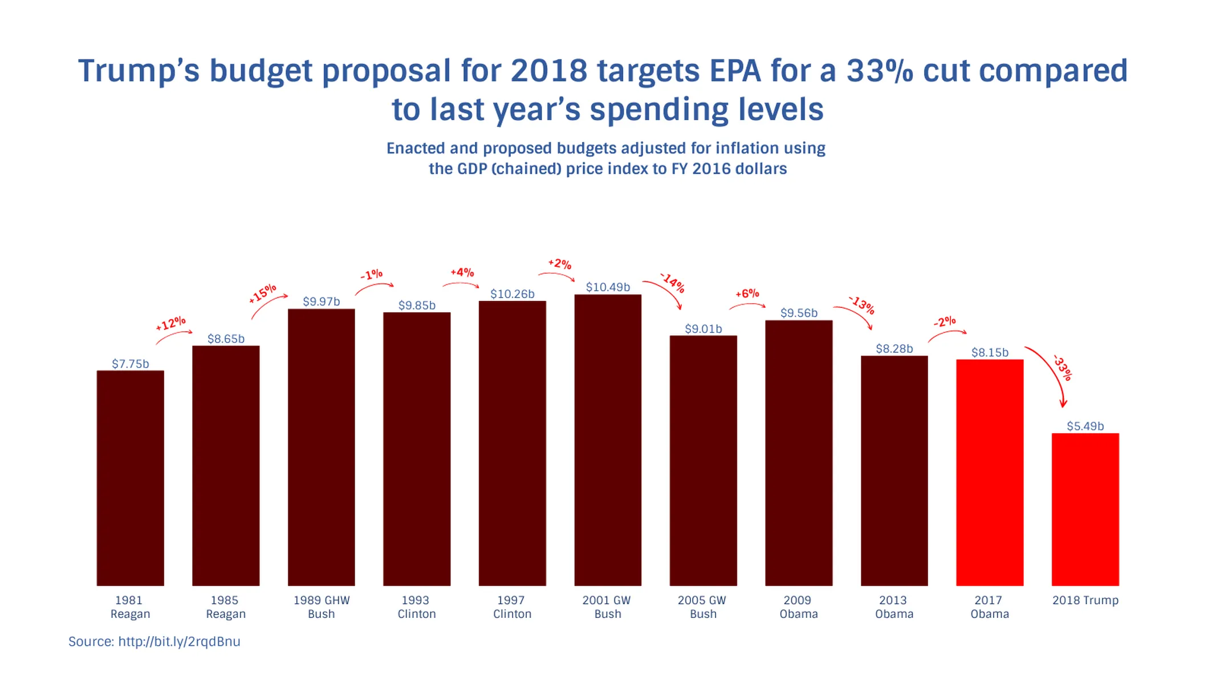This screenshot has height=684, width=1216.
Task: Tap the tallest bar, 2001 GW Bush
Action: click(608, 439)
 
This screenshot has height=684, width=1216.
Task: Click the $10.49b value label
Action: click(608, 287)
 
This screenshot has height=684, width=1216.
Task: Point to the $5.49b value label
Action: click(1085, 426)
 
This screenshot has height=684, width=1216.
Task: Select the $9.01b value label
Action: click(703, 328)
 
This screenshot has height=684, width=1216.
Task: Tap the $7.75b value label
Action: click(130, 364)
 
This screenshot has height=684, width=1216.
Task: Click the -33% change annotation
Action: click(1063, 368)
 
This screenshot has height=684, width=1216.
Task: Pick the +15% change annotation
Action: click(262, 293)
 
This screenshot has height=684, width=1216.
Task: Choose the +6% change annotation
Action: click(747, 294)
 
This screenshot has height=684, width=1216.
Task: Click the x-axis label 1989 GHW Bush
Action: click(322, 606)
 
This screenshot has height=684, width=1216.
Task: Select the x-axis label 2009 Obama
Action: click(798, 606)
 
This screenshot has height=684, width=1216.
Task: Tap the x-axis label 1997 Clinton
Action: click(512, 606)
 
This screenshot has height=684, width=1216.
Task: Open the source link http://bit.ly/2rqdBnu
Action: click(179, 641)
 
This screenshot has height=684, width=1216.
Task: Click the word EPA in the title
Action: click(735, 71)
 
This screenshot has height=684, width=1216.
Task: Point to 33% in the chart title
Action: click(879, 71)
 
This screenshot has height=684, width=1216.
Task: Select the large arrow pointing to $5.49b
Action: click(1052, 373)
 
